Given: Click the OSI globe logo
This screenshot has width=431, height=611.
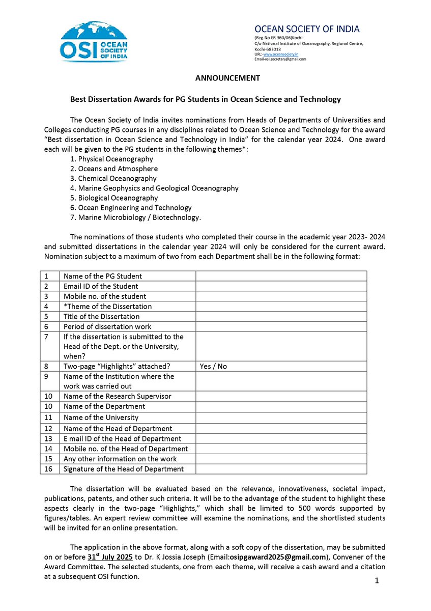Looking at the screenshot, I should [95, 41].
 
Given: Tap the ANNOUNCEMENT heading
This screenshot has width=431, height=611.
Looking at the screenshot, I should [227, 78].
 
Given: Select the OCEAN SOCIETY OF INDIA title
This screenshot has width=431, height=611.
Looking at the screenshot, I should [307, 29].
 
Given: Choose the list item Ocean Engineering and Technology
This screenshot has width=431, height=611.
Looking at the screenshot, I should [131, 208].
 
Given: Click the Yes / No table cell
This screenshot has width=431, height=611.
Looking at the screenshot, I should [214, 367].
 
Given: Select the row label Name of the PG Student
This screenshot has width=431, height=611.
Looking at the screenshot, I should [102, 276].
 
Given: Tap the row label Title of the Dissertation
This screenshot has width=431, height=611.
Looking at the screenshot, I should [101, 317].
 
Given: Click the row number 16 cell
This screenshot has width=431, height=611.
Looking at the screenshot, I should [49, 469].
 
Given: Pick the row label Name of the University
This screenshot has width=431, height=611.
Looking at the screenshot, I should [101, 418].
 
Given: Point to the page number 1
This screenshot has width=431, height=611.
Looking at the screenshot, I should [377, 581].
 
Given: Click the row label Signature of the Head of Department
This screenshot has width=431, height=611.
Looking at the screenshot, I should [123, 469].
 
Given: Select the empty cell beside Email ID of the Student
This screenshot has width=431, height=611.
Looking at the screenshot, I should [281, 286].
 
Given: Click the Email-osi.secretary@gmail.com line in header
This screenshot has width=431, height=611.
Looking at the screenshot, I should [281, 59].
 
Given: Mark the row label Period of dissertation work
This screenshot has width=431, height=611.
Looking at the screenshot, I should [107, 326].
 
